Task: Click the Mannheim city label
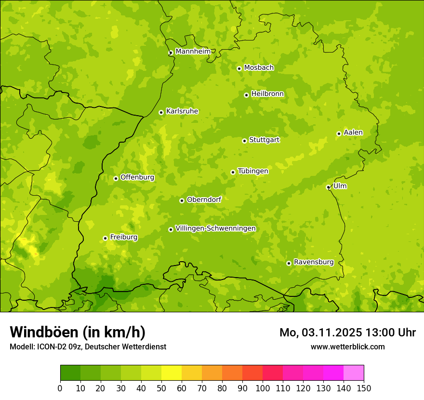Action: [193, 51]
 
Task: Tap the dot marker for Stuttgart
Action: [244, 141]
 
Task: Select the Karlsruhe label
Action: [182, 111]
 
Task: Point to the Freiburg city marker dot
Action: [105, 238]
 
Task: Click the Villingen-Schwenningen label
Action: [215, 228]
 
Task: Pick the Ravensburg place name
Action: [313, 262]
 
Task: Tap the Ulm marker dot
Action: [328, 187]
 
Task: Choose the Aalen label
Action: [353, 133]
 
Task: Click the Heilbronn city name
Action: [267, 94]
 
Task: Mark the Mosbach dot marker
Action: [239, 68]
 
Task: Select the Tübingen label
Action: [253, 171]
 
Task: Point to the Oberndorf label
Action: [204, 200]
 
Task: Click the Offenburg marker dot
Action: [116, 178]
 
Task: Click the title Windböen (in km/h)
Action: [78, 332]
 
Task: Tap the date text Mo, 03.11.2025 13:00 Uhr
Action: [347, 333]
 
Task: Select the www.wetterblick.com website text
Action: [347, 347]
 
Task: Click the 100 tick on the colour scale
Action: [263, 388]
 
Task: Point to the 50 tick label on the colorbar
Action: [161, 388]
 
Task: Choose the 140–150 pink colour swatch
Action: [354, 373]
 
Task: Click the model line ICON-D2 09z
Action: [88, 347]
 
